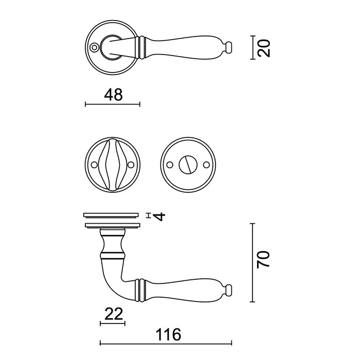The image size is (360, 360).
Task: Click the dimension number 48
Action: click(x=112, y=95)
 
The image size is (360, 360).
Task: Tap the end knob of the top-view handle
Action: click(x=229, y=47)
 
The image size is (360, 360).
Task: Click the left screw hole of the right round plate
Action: click(x=169, y=165)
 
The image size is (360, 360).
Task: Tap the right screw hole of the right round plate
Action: click(x=207, y=165)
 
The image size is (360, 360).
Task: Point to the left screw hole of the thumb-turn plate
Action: click(x=94, y=165)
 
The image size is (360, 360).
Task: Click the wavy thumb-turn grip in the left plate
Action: click(x=112, y=165)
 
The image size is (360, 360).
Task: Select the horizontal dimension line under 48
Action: click(x=112, y=104)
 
